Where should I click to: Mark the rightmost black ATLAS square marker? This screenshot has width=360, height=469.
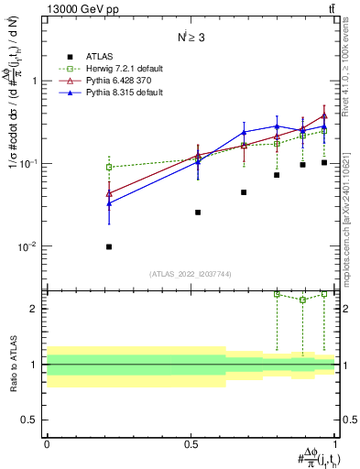[324, 162]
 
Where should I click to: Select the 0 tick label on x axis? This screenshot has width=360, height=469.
[47, 443]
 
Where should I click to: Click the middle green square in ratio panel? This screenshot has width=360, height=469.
[303, 300]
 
